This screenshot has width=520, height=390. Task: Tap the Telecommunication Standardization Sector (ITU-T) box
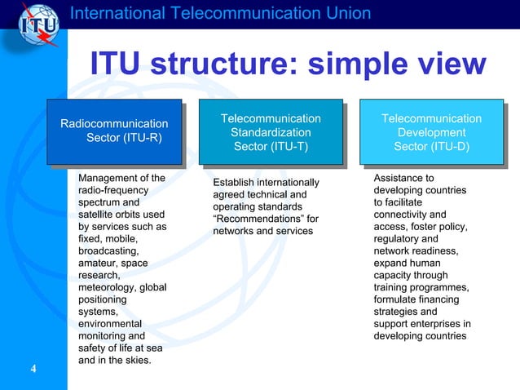click(271, 132)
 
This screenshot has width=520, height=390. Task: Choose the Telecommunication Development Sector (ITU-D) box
click(431, 132)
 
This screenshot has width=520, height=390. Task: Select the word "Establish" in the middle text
click(235, 182)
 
